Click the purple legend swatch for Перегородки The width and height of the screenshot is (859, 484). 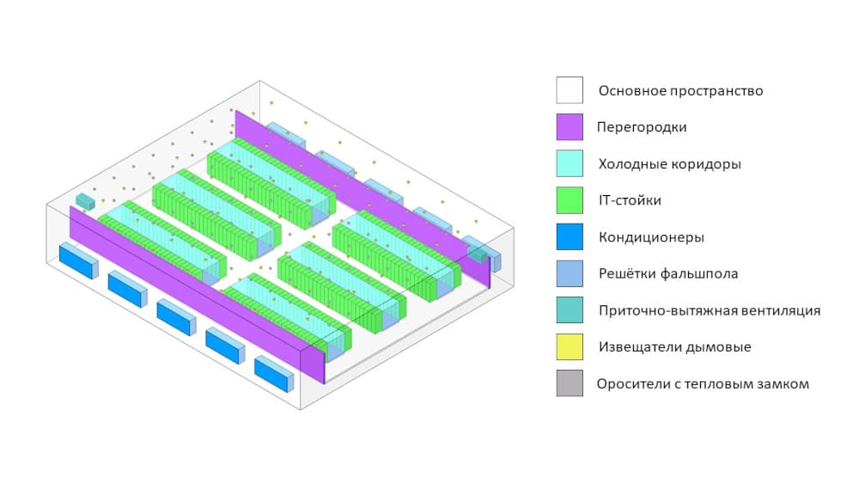[x=570, y=127]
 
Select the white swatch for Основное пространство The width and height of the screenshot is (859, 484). [x=570, y=90]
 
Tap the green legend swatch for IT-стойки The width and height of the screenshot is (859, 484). [x=570, y=200]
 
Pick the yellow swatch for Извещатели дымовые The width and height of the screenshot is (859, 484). [x=570, y=346]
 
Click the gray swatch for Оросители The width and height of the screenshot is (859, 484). [x=570, y=383]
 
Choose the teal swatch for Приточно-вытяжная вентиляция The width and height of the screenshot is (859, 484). [x=570, y=310]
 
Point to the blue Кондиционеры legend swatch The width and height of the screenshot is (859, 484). [x=570, y=237]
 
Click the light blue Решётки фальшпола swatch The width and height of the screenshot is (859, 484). [x=570, y=273]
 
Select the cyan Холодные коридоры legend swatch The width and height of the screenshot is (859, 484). [x=570, y=163]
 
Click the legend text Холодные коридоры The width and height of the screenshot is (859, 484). [x=668, y=163]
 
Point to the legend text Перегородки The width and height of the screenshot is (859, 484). [x=643, y=127]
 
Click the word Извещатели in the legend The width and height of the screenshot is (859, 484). [x=637, y=346]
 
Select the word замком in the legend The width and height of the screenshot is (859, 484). [x=782, y=383]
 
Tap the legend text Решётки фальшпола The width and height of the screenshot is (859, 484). [x=668, y=273]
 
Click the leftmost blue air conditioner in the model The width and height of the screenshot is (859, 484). [x=77, y=260]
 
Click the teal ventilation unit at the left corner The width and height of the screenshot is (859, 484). [x=84, y=201]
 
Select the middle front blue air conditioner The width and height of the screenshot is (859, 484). [x=175, y=317]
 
